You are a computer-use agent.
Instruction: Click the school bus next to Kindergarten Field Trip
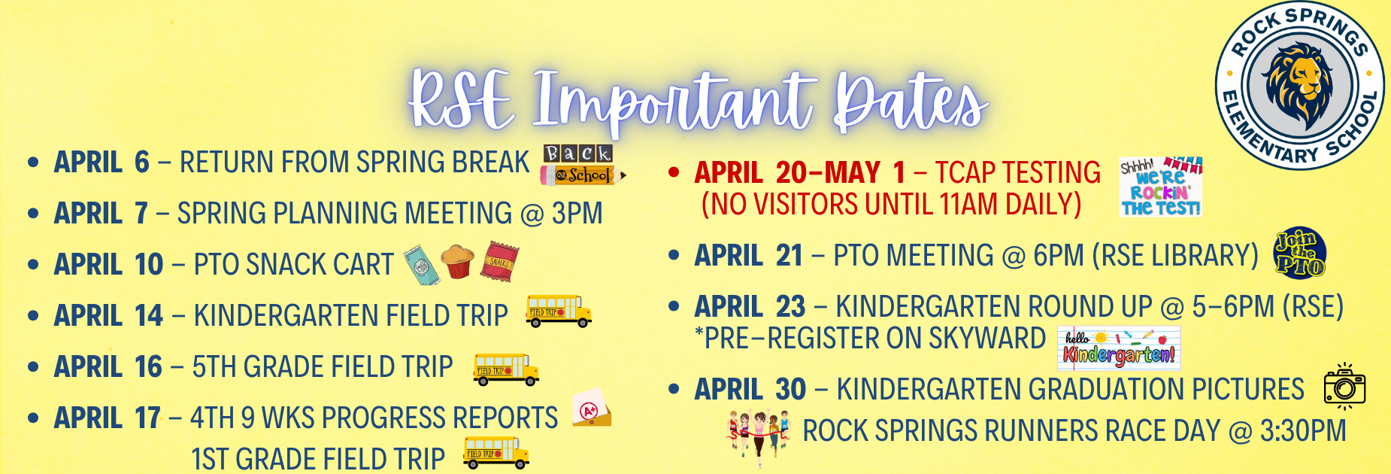tap(559, 311)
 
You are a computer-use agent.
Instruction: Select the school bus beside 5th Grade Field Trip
tap(506, 369)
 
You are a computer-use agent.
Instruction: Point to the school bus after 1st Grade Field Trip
tap(496, 453)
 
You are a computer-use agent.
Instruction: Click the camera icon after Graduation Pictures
tap(1344, 387)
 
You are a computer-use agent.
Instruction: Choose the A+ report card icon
tap(592, 409)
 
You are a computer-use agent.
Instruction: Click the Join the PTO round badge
tap(1300, 254)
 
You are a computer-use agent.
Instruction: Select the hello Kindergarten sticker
tap(1119, 348)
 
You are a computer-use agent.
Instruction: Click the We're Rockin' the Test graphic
tap(1160, 187)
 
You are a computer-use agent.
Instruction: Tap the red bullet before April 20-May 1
tap(674, 173)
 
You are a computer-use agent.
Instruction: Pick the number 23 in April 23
tap(790, 307)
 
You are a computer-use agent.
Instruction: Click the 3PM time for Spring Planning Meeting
tap(577, 214)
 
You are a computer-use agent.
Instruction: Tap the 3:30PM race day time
tap(1302, 431)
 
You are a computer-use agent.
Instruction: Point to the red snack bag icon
tap(500, 261)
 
